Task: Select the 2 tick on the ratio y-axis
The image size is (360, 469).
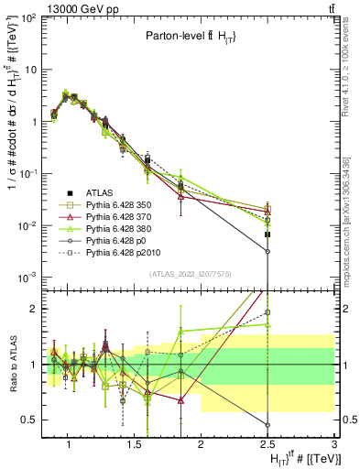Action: (x=35, y=309)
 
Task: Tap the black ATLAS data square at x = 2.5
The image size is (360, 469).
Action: (x=267, y=234)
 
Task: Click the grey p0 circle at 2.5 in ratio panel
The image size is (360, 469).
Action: (x=267, y=425)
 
